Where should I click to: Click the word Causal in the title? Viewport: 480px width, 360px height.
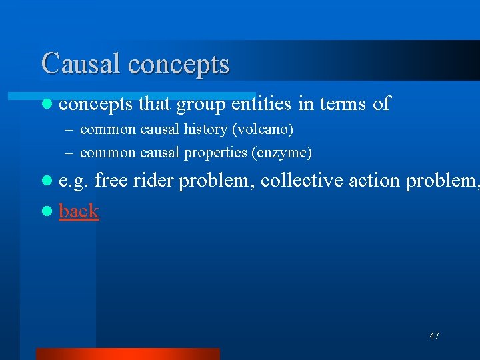81,63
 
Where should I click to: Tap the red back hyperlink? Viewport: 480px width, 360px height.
79,211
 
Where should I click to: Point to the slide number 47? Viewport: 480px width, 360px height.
434,336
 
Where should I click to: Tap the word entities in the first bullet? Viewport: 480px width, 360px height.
261,103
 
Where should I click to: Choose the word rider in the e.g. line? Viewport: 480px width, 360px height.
156,181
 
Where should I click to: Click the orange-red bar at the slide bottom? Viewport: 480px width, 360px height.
127,353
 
